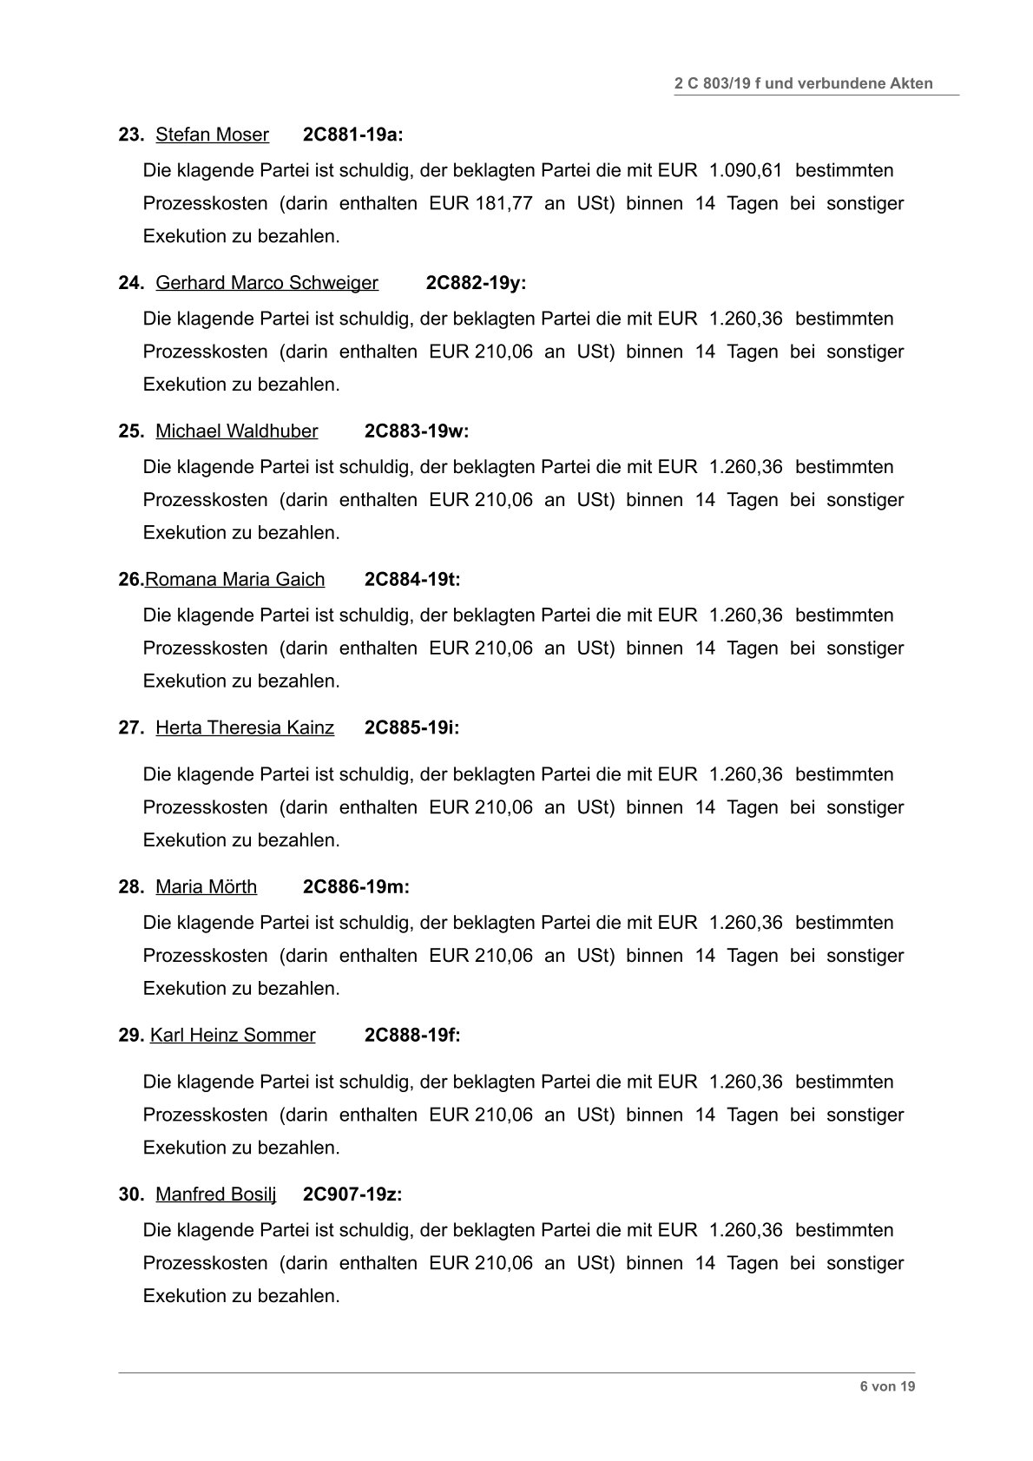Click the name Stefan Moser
point(212,135)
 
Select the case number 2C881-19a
point(352,135)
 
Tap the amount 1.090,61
point(746,170)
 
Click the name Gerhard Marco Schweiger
point(266,283)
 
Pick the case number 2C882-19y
point(475,283)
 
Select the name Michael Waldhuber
point(236,431)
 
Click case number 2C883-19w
point(416,431)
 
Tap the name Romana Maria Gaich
point(234,580)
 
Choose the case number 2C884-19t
point(411,580)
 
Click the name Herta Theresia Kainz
point(245,728)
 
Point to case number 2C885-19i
point(411,728)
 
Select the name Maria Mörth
point(206,887)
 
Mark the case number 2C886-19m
point(355,887)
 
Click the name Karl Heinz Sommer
point(233,1036)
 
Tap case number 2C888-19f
point(411,1036)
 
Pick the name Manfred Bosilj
point(215,1194)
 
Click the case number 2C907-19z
point(352,1194)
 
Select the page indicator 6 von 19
point(887,1386)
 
